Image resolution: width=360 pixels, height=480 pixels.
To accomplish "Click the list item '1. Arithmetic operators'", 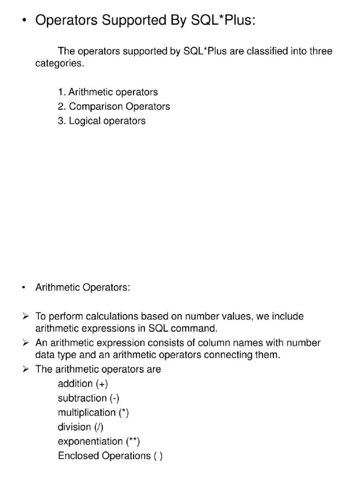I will pyautogui.click(x=108, y=92).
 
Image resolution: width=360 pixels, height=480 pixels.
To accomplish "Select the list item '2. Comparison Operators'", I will pyautogui.click(x=114, y=106).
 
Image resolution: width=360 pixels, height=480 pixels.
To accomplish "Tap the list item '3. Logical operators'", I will pyautogui.click(x=102, y=121).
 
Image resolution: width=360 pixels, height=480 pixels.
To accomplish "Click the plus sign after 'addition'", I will pyautogui.click(x=102, y=384).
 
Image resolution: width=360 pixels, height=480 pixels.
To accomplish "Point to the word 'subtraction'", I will pyautogui.click(x=82, y=398).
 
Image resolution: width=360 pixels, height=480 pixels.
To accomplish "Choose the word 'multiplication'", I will pyautogui.click(x=86, y=413).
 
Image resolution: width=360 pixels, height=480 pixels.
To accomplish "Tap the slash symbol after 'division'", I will pyautogui.click(x=98, y=427).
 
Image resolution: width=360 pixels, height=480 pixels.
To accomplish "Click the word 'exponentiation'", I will pyautogui.click(x=90, y=442).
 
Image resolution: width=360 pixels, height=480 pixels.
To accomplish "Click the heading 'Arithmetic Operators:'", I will pyautogui.click(x=83, y=287).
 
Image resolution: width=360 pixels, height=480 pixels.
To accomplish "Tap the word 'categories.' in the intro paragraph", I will pyautogui.click(x=60, y=64).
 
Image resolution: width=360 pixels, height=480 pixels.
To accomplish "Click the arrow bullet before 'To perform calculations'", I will pyautogui.click(x=26, y=316).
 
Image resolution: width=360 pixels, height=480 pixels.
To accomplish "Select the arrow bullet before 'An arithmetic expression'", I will pyautogui.click(x=26, y=343).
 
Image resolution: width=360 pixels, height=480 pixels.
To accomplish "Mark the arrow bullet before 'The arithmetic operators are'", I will pyautogui.click(x=26, y=369).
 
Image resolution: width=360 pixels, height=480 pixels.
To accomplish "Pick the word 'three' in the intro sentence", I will pyautogui.click(x=319, y=51).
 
